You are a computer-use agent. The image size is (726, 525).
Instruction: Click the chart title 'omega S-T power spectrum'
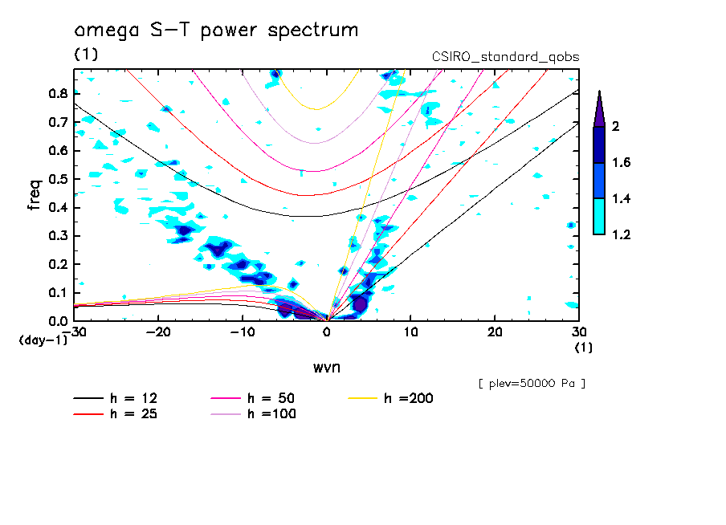(216, 31)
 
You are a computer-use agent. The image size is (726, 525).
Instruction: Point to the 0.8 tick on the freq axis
(57, 93)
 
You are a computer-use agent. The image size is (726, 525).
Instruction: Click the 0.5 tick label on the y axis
(57, 179)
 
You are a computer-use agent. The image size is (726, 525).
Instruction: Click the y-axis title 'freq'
(35, 195)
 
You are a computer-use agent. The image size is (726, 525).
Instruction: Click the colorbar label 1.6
(622, 163)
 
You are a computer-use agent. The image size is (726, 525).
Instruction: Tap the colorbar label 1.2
(622, 234)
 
